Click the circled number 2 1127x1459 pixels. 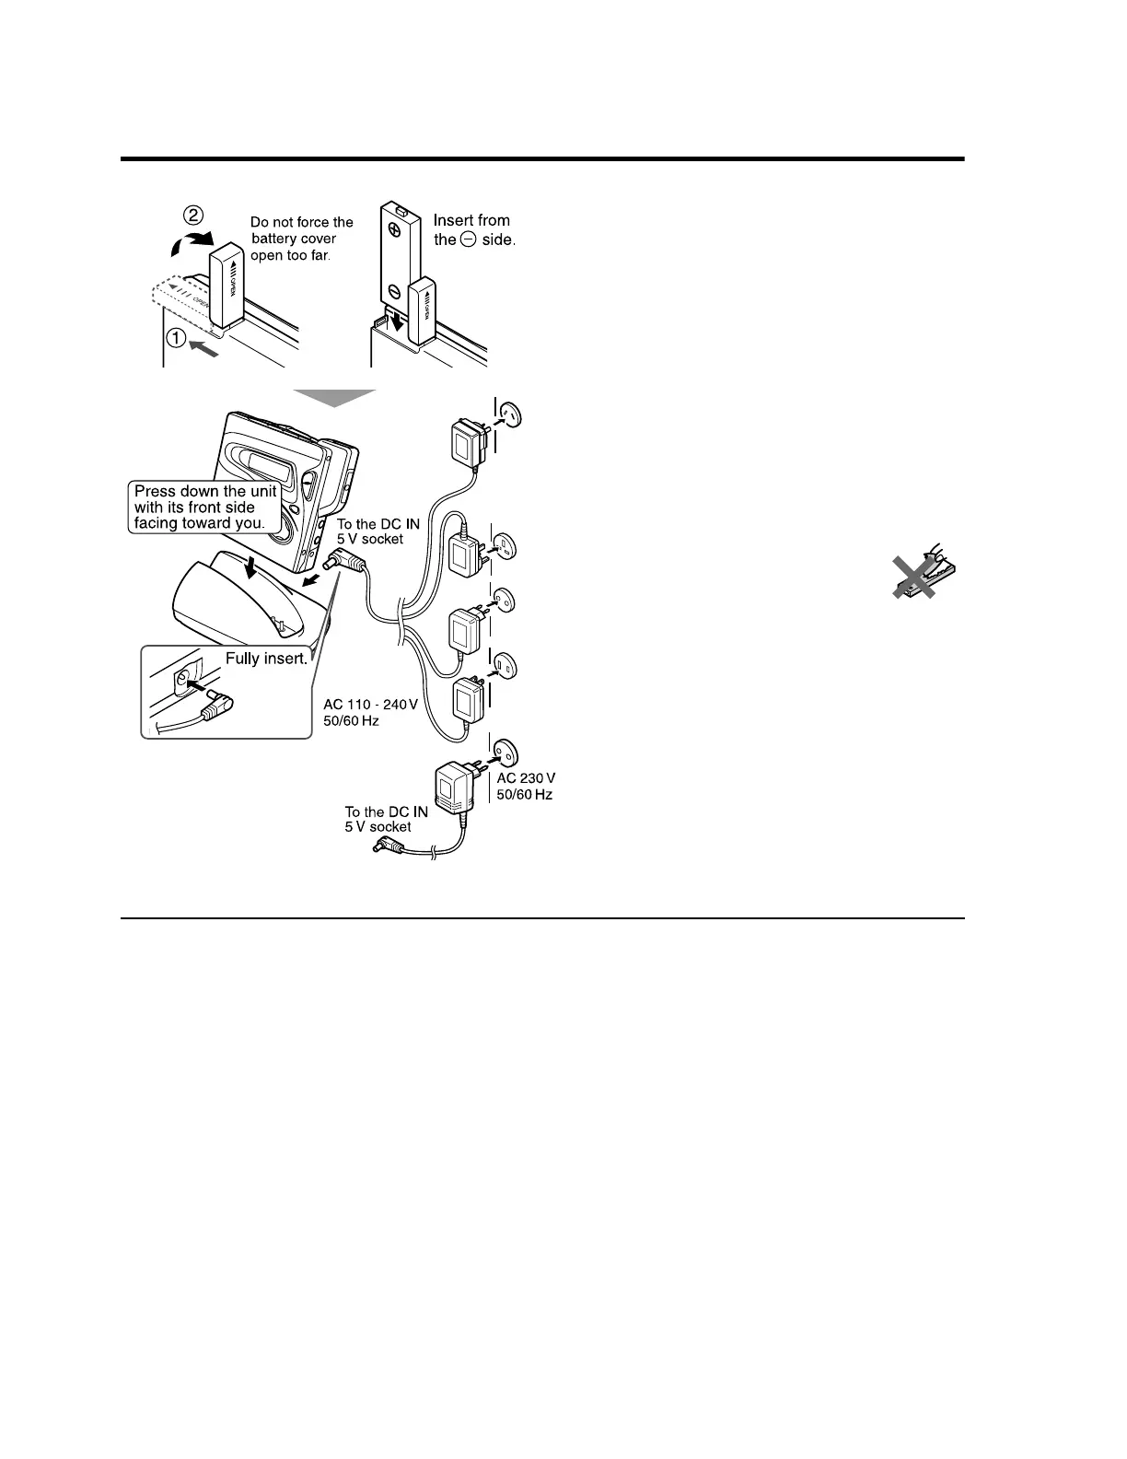193,216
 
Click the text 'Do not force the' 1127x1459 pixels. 302,222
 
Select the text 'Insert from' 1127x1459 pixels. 471,220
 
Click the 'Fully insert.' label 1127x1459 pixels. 266,659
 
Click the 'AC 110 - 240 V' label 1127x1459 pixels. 370,705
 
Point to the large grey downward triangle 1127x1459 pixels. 334,397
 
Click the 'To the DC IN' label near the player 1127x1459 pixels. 378,524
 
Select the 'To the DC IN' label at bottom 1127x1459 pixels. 386,811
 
